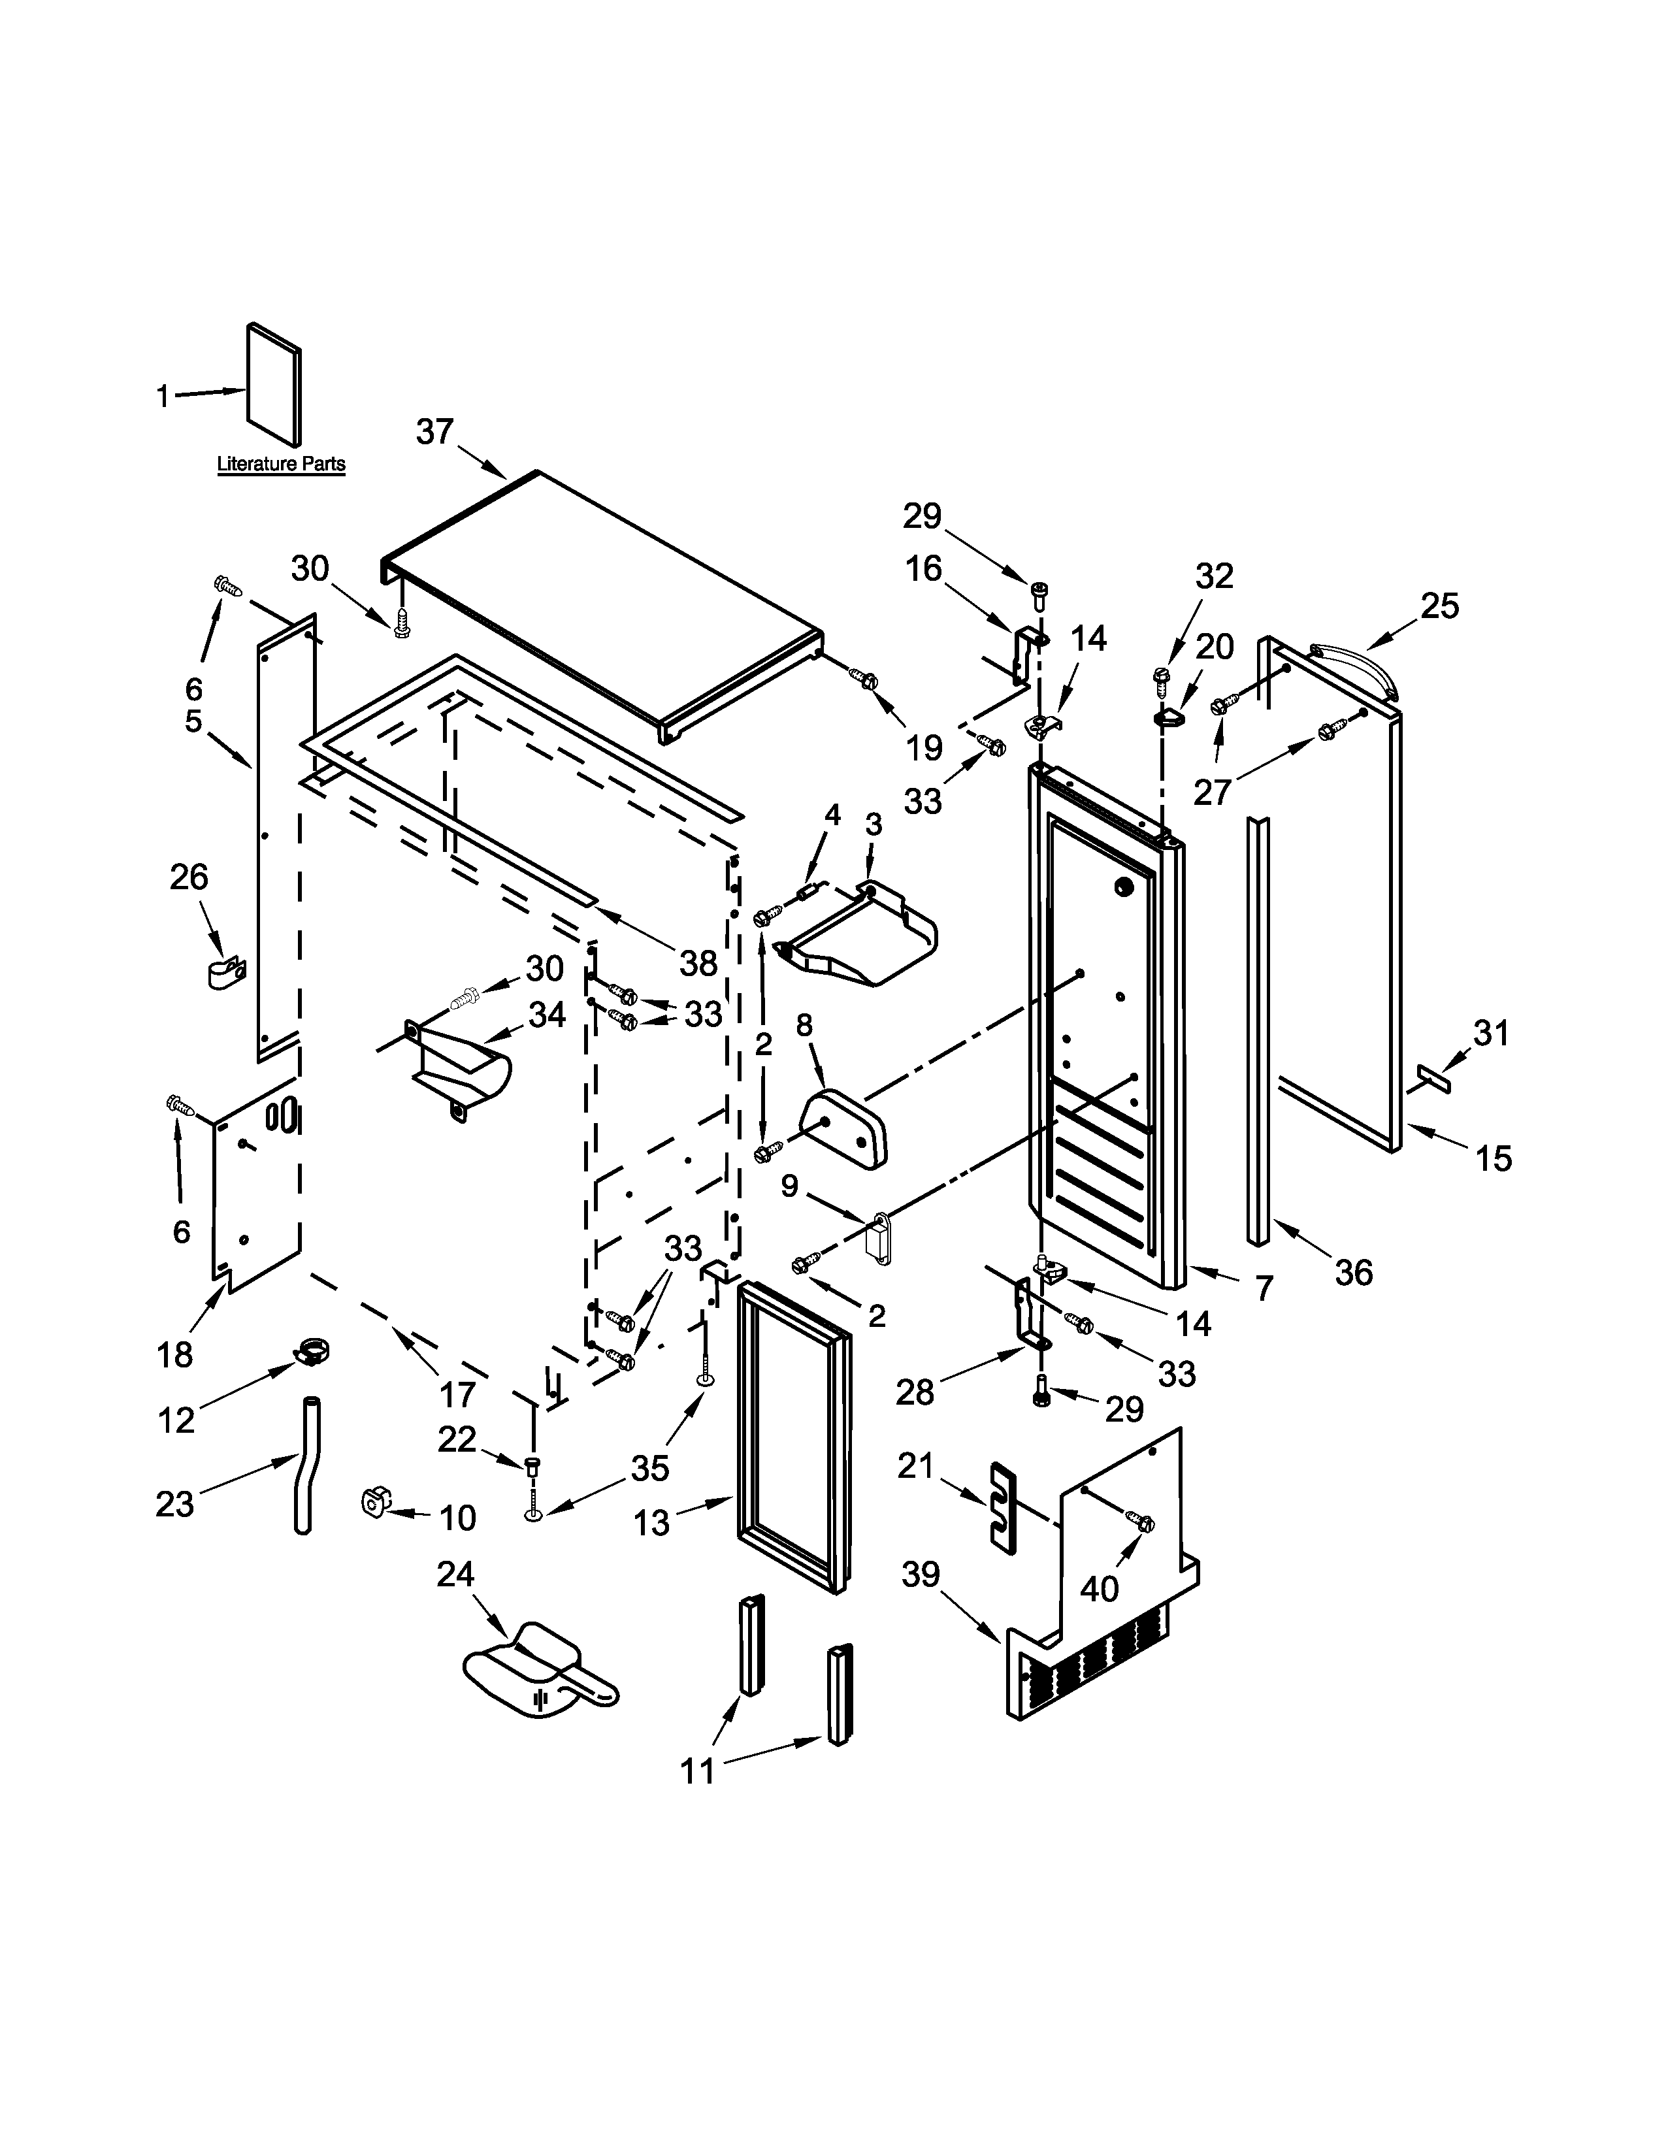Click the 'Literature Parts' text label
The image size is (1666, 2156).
282,464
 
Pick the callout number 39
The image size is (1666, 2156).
920,1575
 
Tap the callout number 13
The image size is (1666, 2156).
651,1523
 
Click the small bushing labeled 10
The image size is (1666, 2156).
374,1503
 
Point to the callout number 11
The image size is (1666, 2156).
698,1771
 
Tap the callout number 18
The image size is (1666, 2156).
174,1354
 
